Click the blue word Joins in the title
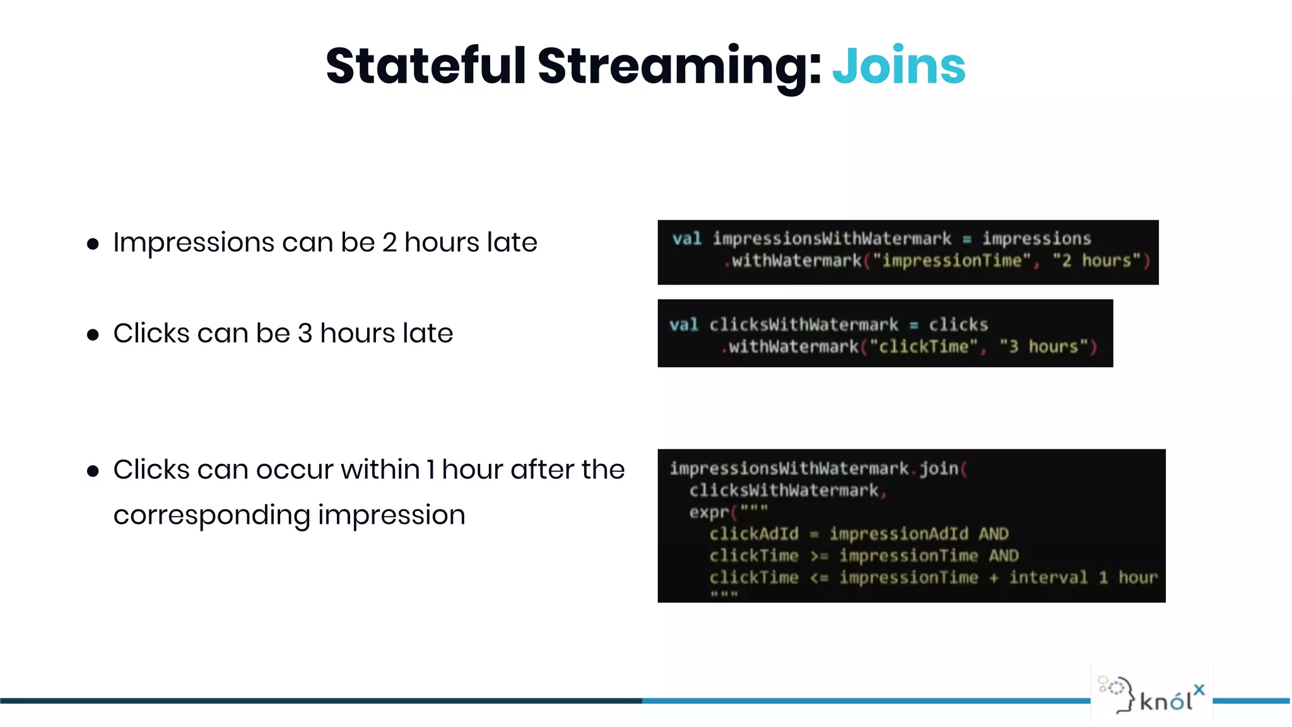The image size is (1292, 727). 898,66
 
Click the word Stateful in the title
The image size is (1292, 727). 426,66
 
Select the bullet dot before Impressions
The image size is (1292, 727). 93,244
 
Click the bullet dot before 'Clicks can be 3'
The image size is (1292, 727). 93,335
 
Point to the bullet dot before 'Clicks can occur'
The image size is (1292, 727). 93,471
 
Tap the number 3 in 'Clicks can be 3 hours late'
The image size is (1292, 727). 305,333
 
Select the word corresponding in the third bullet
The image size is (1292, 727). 211,516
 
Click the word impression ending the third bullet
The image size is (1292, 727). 391,516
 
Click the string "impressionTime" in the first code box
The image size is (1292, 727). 951,261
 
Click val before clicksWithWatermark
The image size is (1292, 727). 683,325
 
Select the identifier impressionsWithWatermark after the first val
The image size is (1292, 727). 831,239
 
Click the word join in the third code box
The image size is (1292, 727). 938,468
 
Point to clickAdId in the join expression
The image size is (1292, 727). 753,534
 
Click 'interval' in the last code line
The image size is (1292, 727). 1048,577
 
